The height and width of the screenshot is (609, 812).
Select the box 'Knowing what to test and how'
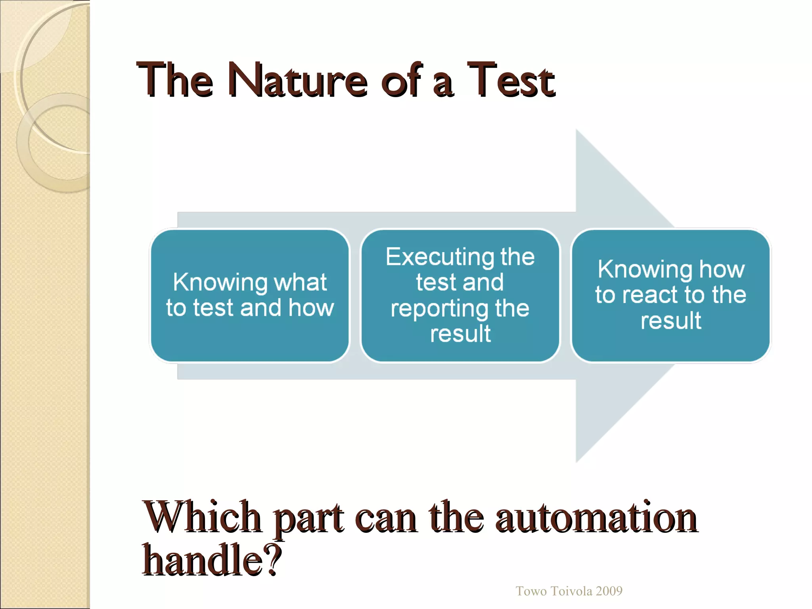point(250,295)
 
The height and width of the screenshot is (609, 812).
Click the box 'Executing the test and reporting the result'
point(460,295)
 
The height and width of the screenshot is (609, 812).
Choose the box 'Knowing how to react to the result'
point(670,295)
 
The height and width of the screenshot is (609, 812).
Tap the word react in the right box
point(650,295)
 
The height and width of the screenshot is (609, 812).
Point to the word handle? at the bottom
point(212,560)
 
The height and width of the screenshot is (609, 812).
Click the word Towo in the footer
point(531,591)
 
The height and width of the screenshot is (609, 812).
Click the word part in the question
point(308,519)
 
